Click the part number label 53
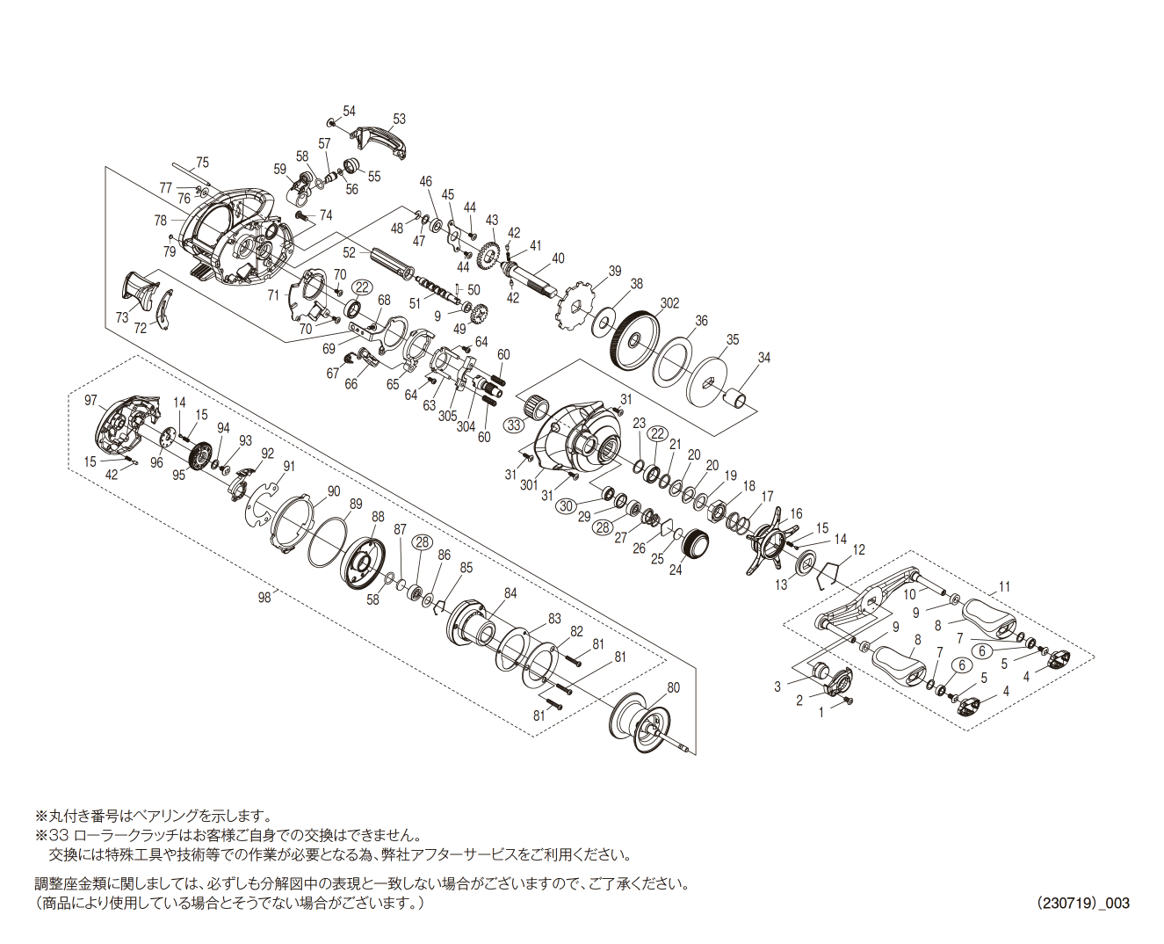tap(400, 119)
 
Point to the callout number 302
tap(669, 303)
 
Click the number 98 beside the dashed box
tap(264, 597)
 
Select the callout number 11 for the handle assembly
tap(1004, 586)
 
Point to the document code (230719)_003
tap(1082, 903)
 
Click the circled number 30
tap(567, 505)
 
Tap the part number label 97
tap(90, 400)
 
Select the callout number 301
tap(529, 484)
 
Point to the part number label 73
tap(121, 317)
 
